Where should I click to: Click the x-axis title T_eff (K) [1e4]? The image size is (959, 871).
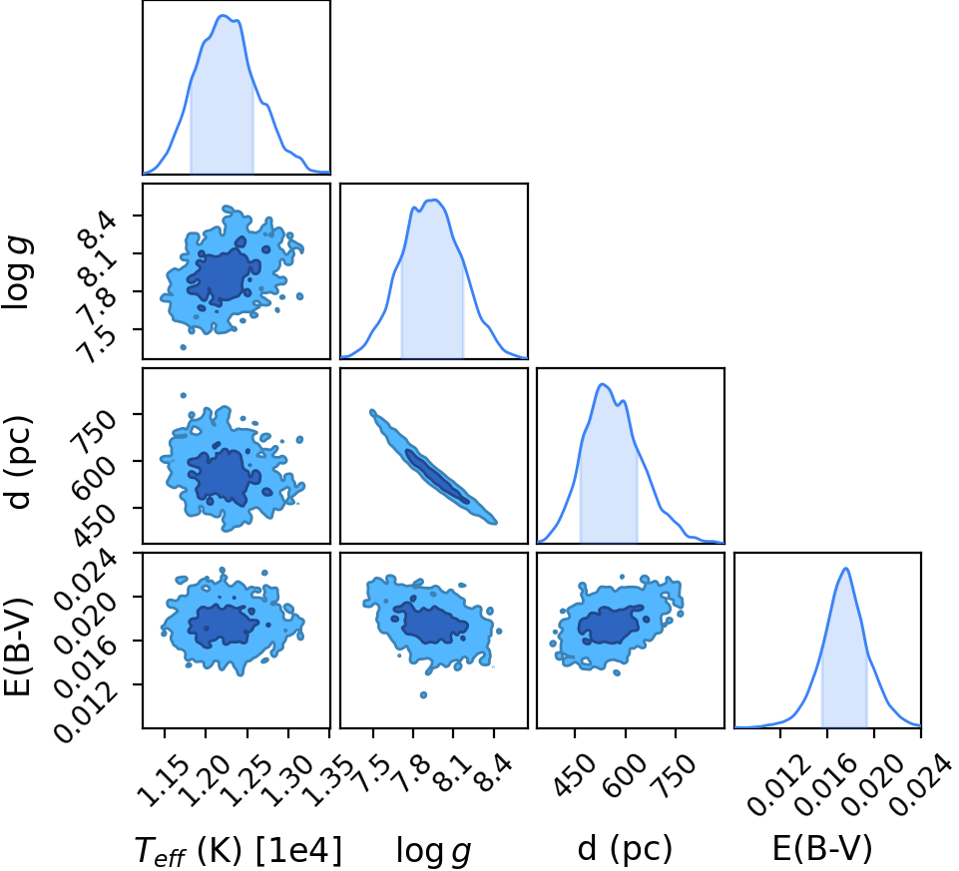(237, 850)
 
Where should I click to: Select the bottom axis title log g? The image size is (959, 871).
(434, 851)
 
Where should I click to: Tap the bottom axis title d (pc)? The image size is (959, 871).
(625, 850)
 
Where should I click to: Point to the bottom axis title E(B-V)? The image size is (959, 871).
(822, 849)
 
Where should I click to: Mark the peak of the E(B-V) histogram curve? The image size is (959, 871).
(846, 569)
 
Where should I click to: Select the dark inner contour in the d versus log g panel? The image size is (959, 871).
(437, 477)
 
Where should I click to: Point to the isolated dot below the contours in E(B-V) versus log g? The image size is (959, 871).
(423, 694)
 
